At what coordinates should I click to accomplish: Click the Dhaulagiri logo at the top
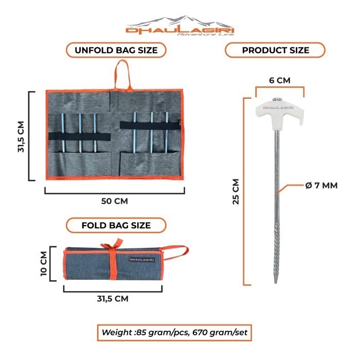point(180,25)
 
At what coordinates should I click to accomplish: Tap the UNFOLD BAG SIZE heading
point(115,50)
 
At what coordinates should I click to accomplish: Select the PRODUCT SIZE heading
point(276,50)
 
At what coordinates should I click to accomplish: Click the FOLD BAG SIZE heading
point(116,225)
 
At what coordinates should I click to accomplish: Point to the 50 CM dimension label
point(115,201)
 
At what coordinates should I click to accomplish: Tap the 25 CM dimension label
point(236,191)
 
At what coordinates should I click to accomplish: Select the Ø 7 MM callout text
point(321,185)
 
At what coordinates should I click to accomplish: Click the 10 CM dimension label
point(44,263)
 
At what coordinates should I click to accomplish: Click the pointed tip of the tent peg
point(278,282)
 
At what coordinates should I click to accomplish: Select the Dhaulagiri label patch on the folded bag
point(140,260)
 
